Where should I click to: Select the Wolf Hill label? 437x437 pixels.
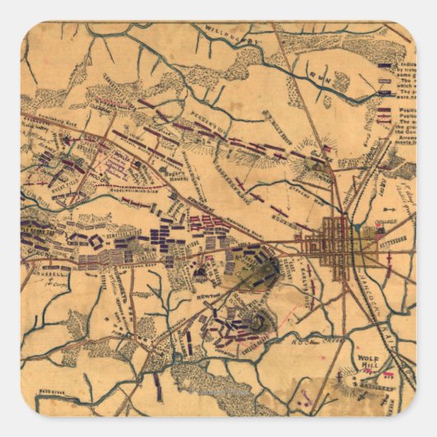[x=368, y=364]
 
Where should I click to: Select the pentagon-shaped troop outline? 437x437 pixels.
[x=96, y=242]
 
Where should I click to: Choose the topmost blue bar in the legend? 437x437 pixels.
[x=384, y=63]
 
